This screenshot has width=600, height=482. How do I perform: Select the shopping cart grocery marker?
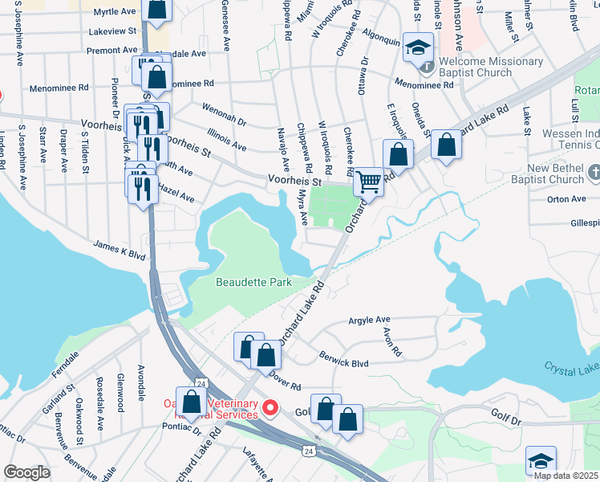click(368, 182)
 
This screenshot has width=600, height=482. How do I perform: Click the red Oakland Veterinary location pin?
click(270, 409)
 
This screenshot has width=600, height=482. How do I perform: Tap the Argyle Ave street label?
click(369, 320)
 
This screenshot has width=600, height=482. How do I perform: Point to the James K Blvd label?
click(119, 249)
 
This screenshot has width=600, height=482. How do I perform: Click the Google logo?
click(26, 472)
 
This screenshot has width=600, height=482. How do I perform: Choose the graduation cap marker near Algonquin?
click(418, 47)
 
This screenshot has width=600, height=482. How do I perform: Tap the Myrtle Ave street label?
click(115, 12)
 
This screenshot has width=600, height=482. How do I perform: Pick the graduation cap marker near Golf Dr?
click(541, 462)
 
